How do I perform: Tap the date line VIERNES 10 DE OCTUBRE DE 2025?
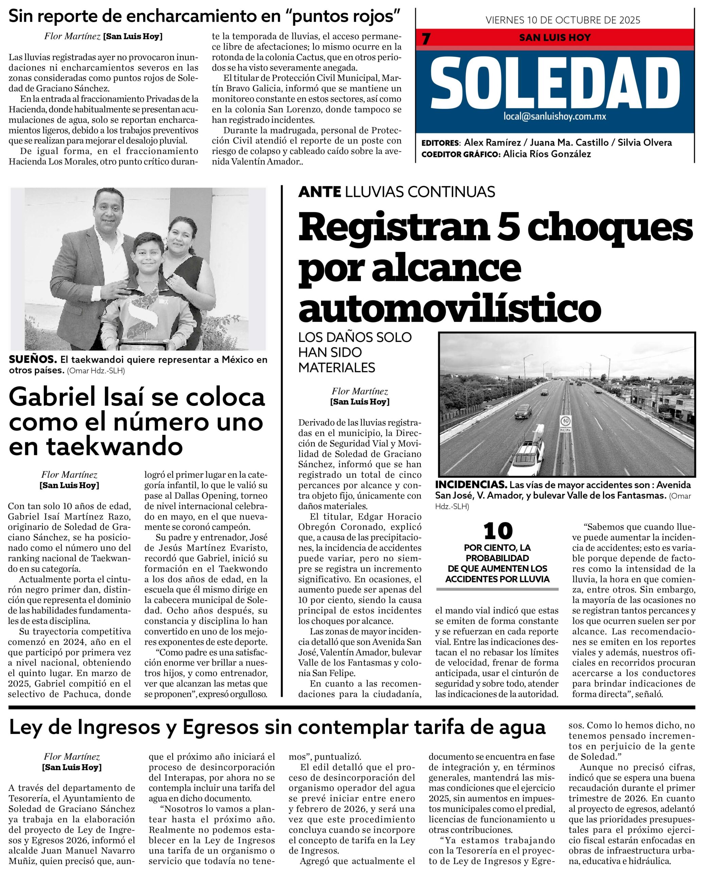[x=563, y=20]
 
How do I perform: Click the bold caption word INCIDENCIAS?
[x=471, y=485]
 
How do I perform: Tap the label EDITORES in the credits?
[x=440, y=143]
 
